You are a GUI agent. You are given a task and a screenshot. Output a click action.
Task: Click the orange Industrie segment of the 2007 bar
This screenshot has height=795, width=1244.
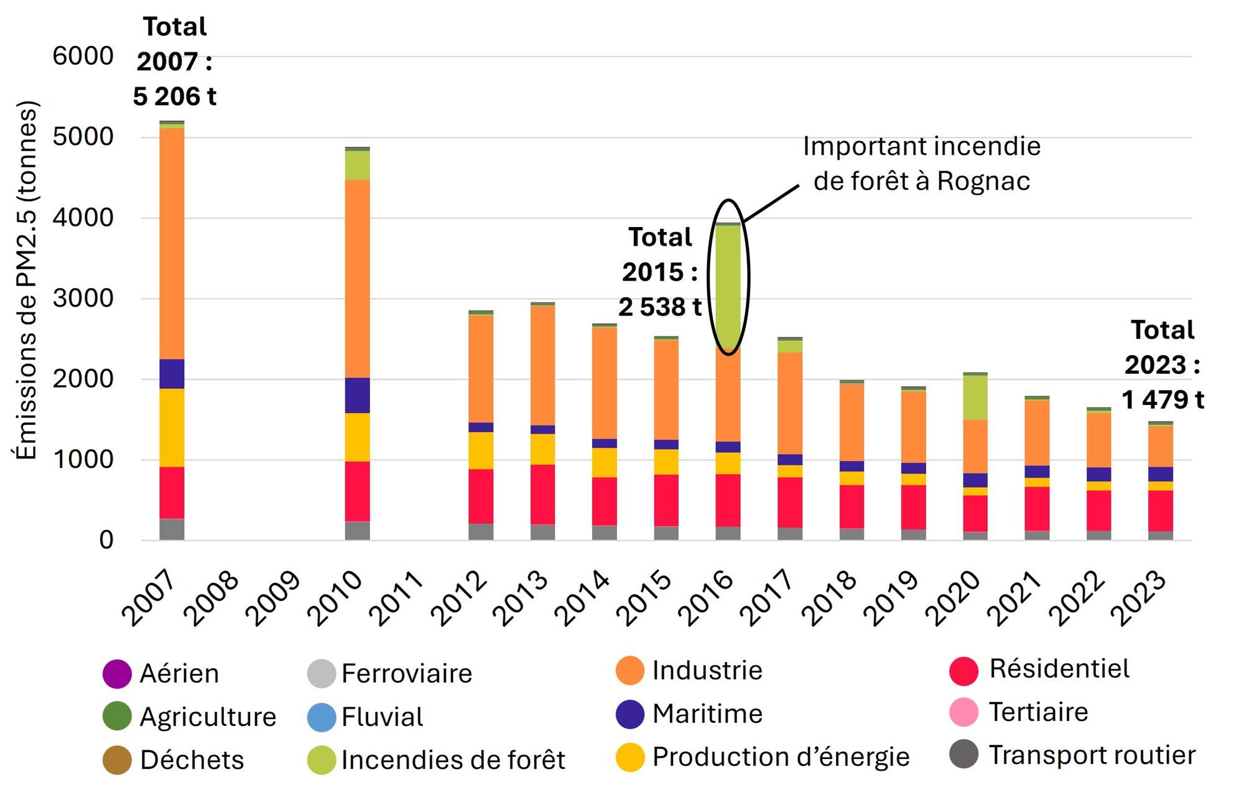click(x=172, y=243)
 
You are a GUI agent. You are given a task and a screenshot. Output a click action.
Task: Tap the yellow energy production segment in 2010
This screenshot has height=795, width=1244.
click(x=358, y=437)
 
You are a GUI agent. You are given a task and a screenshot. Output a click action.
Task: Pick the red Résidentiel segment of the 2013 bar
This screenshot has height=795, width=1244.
click(x=542, y=495)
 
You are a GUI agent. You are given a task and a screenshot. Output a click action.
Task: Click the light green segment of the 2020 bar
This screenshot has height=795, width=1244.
click(x=975, y=397)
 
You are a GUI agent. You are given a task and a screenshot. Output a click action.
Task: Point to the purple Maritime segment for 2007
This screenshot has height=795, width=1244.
click(x=172, y=374)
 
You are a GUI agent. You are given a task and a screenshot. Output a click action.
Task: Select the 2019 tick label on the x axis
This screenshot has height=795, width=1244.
click(x=890, y=598)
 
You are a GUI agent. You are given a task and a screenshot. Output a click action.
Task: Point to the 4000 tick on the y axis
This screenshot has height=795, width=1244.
click(x=83, y=218)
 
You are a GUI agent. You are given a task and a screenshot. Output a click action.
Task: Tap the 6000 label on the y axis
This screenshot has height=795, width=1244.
click(x=83, y=56)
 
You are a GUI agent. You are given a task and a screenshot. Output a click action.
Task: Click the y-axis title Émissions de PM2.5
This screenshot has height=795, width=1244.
click(x=26, y=280)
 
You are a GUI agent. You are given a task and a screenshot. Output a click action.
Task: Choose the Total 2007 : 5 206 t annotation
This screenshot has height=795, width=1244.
click(x=174, y=62)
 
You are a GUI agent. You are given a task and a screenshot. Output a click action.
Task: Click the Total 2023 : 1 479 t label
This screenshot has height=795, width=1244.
click(x=1162, y=365)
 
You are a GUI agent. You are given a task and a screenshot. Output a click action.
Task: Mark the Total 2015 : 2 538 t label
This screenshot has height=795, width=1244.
click(x=660, y=272)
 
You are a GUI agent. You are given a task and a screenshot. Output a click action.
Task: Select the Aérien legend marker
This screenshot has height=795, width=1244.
click(x=117, y=674)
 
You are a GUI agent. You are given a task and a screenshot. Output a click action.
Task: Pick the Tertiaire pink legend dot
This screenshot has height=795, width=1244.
click(x=964, y=712)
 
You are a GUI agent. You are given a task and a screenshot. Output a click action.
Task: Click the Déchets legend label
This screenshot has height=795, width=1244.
click(x=192, y=760)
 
